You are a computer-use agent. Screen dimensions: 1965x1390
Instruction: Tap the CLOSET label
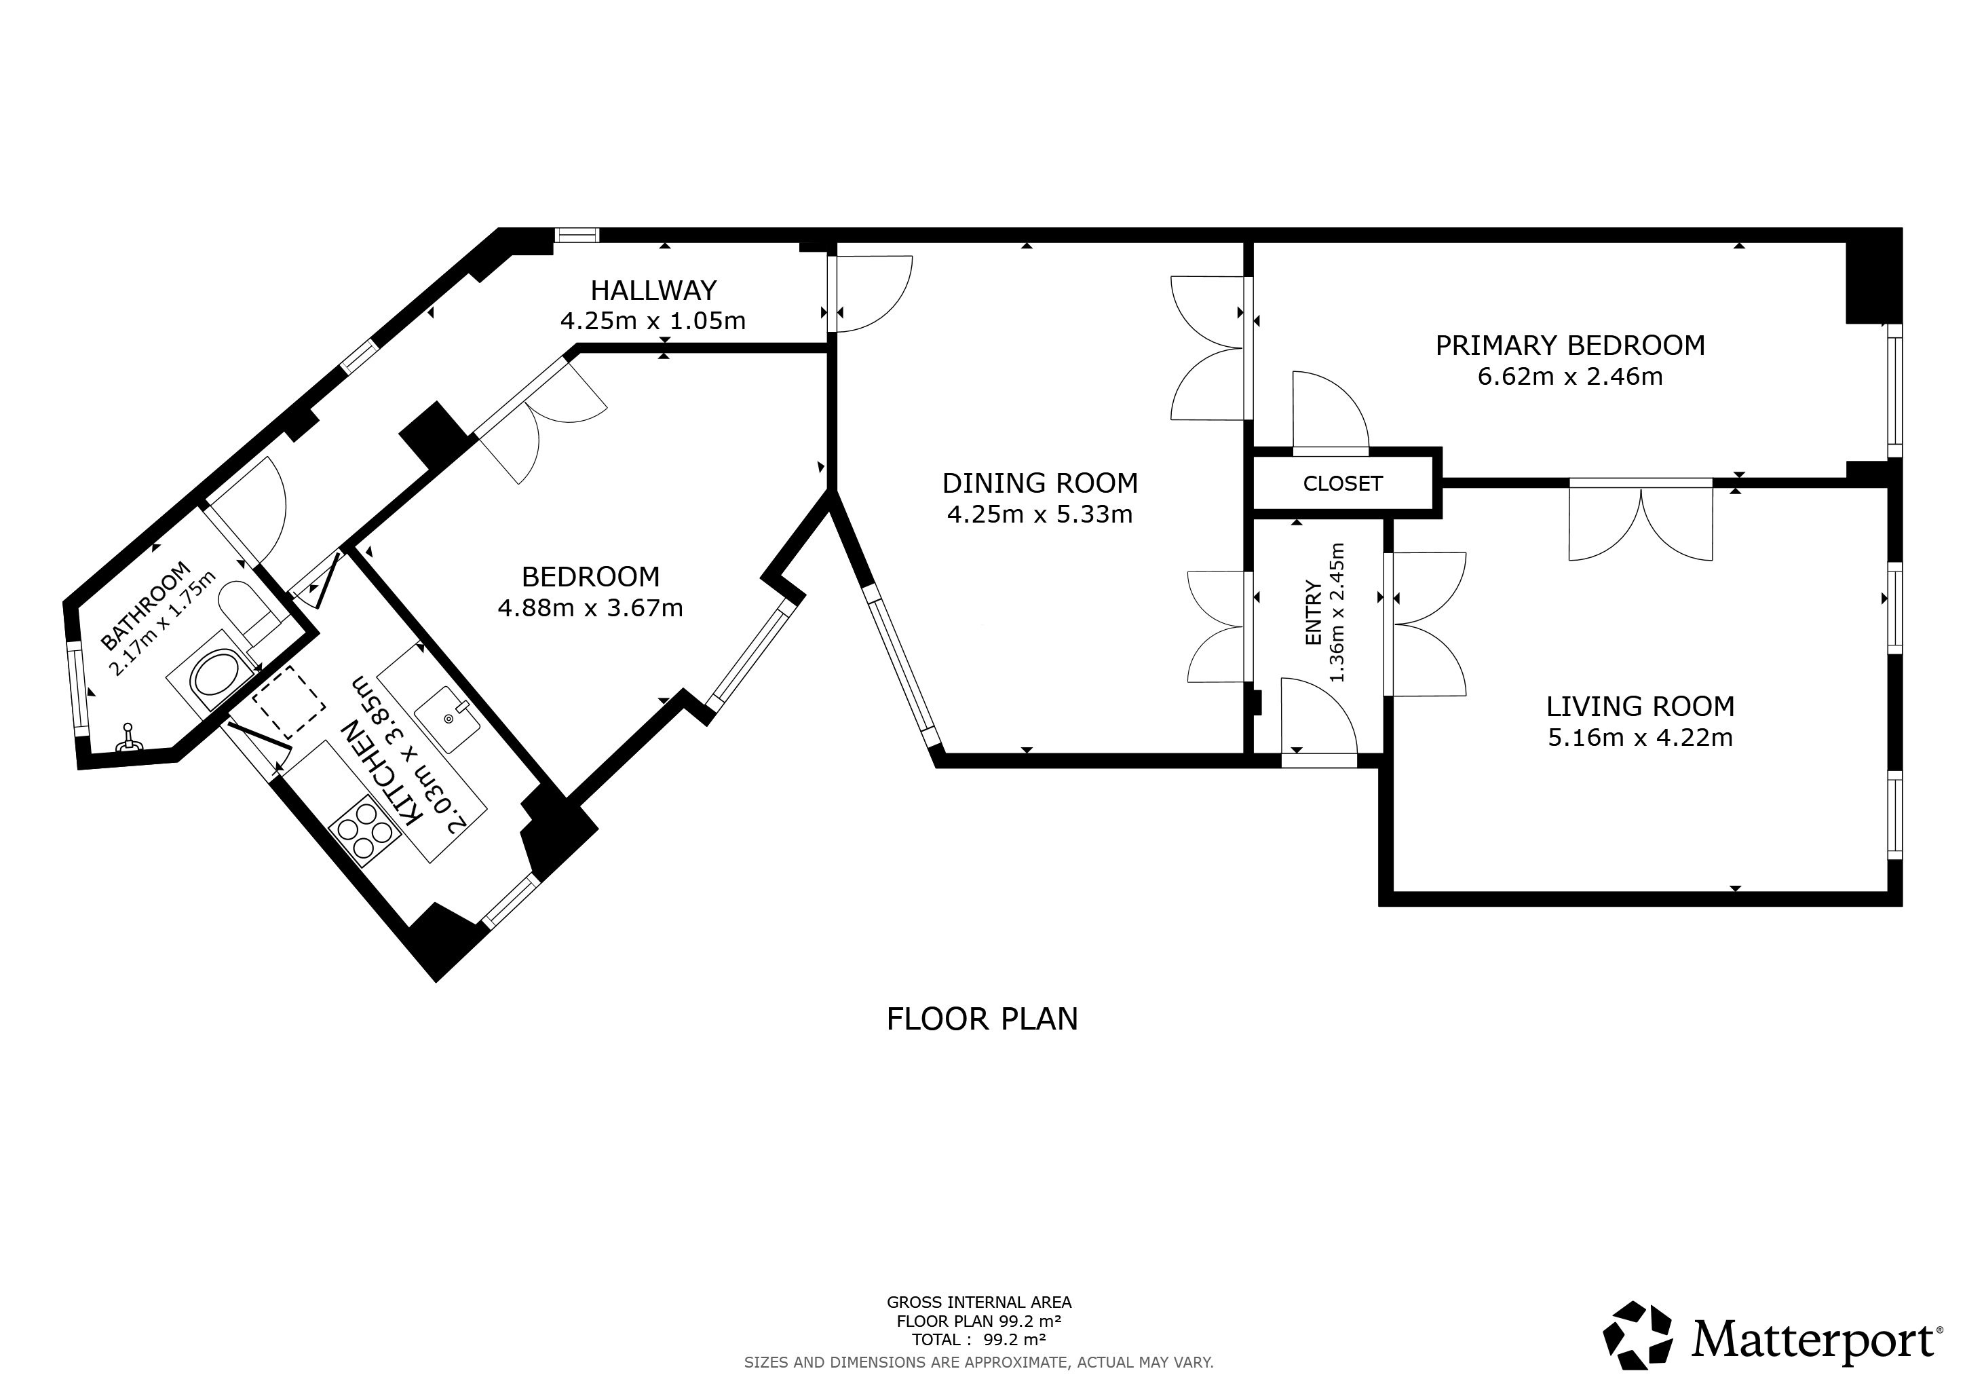[x=1342, y=484]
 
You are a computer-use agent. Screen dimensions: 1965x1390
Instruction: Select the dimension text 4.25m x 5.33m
[x=1040, y=514]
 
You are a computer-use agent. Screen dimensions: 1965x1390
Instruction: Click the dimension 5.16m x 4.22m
[x=1640, y=738]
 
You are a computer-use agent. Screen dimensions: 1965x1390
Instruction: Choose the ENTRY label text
[x=1313, y=612]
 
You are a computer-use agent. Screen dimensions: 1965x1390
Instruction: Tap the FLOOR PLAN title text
[x=982, y=1019]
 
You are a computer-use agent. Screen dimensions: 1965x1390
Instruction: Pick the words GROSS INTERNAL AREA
[x=979, y=1302]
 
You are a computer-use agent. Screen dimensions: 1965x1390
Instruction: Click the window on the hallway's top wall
[x=576, y=235]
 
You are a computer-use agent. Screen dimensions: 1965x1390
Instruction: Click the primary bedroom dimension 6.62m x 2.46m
[x=1571, y=377]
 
